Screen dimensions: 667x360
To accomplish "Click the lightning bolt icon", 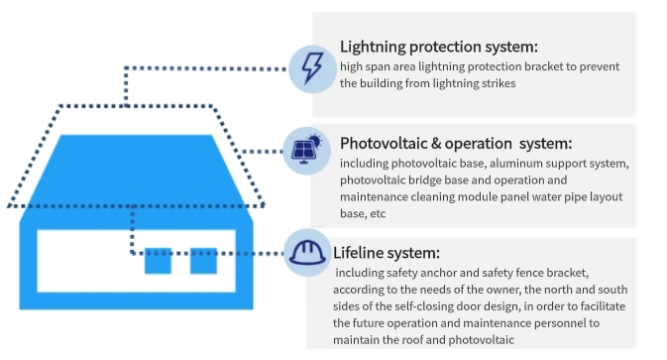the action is pyautogui.click(x=312, y=68).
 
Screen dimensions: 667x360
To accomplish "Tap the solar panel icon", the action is pyautogui.click(x=306, y=150).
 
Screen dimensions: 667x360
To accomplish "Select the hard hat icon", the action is pyautogui.click(x=307, y=253).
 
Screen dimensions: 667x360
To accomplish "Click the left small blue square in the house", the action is pyautogui.click(x=158, y=261).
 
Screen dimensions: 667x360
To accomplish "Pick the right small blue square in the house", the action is pyautogui.click(x=203, y=261).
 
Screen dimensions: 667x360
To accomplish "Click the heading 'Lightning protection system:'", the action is pyautogui.click(x=439, y=47).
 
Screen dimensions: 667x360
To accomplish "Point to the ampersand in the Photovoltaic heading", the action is pyautogui.click(x=436, y=144).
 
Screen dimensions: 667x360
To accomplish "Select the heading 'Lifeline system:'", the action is pyautogui.click(x=387, y=253).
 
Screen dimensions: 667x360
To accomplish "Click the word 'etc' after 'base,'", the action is pyautogui.click(x=378, y=213).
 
